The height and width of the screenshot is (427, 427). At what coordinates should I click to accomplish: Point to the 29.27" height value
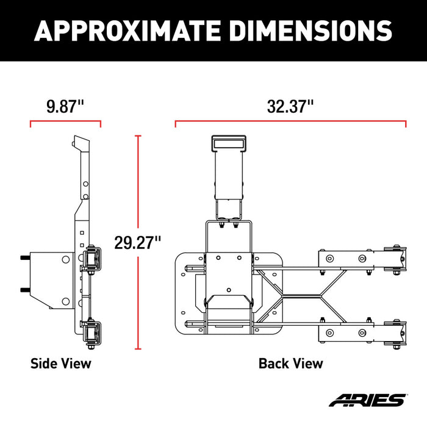pos(138,242)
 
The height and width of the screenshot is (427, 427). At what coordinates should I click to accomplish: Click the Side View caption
pos(61,364)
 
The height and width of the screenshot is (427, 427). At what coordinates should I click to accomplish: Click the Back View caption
pos(290,364)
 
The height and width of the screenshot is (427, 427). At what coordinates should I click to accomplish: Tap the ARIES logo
pos(366,401)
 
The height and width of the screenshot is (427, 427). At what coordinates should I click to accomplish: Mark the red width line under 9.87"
pos(65,123)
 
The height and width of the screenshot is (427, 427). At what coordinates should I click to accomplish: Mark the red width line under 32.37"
pos(290,123)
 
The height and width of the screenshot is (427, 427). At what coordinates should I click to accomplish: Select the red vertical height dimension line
pos(138,183)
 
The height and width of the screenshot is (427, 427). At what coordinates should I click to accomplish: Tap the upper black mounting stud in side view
pos(24,258)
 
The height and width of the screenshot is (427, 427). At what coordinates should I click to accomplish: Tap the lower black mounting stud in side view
pos(24,289)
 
